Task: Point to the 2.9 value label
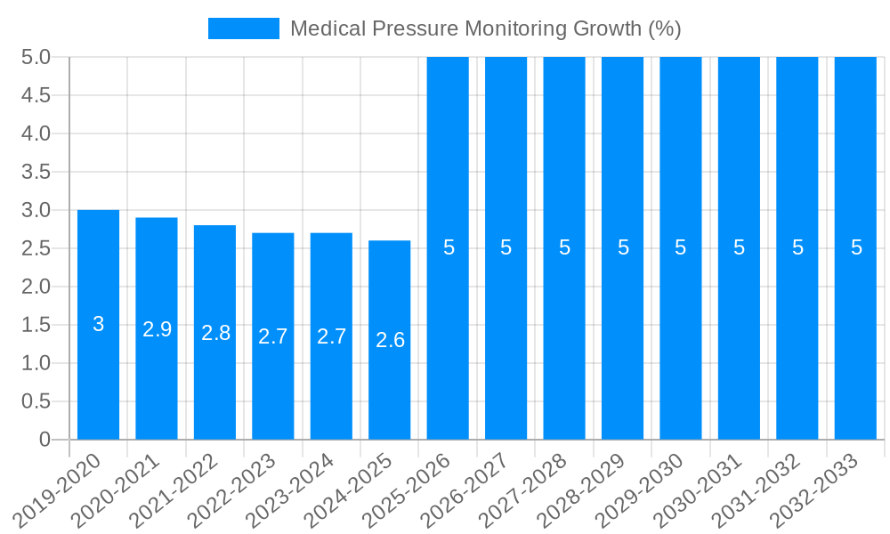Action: (157, 329)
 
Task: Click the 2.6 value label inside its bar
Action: (390, 340)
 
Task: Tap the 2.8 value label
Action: (215, 333)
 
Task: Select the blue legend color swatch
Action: (243, 28)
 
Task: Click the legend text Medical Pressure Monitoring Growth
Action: (485, 28)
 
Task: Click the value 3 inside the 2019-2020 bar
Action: (98, 324)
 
